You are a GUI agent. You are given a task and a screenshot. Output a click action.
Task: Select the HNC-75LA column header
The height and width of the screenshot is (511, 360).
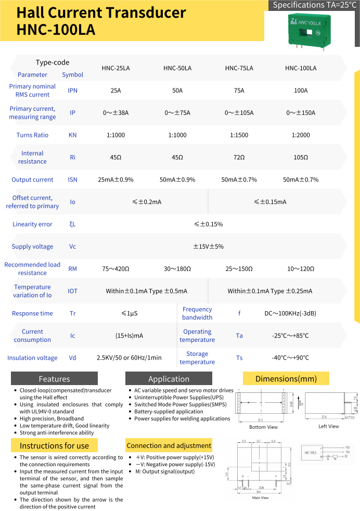[x=239, y=68]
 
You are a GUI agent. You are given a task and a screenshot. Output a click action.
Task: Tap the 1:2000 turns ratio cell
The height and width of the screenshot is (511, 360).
[x=301, y=135]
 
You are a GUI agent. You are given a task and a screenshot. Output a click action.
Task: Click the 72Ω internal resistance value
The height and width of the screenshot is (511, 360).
[x=239, y=157]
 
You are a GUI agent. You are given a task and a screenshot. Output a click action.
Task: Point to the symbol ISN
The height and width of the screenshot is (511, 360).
[x=72, y=180]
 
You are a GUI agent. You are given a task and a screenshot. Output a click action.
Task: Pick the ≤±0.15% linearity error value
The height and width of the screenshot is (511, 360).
[x=208, y=224]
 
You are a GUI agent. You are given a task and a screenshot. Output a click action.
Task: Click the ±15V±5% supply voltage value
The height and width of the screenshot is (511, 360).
[x=208, y=247]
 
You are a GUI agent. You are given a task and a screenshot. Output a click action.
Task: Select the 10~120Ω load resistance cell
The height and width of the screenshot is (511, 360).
[x=301, y=269]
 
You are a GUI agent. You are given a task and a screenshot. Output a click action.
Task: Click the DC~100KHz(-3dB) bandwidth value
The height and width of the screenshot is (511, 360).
[x=290, y=313]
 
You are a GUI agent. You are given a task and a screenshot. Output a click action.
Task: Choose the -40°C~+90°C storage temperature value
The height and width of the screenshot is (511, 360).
[x=290, y=358]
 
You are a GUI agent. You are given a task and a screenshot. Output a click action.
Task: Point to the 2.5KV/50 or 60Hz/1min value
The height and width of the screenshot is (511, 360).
[x=129, y=358]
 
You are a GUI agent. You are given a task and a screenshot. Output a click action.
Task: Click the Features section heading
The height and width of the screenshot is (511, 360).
[x=54, y=379]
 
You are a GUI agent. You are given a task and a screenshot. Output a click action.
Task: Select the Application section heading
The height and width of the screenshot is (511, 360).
[x=169, y=379]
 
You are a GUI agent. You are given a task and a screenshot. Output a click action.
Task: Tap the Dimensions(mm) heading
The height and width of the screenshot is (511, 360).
[x=286, y=378]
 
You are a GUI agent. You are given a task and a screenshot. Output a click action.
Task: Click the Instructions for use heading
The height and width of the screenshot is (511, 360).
[x=54, y=445]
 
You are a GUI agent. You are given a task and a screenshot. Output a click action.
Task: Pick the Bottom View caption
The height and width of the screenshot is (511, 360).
[x=263, y=427]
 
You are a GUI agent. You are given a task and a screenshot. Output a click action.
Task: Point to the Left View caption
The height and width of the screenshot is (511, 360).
[x=328, y=427]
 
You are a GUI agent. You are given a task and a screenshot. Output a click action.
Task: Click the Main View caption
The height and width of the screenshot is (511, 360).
[x=260, y=498]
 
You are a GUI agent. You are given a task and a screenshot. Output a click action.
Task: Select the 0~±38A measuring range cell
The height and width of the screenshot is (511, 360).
[x=115, y=113]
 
